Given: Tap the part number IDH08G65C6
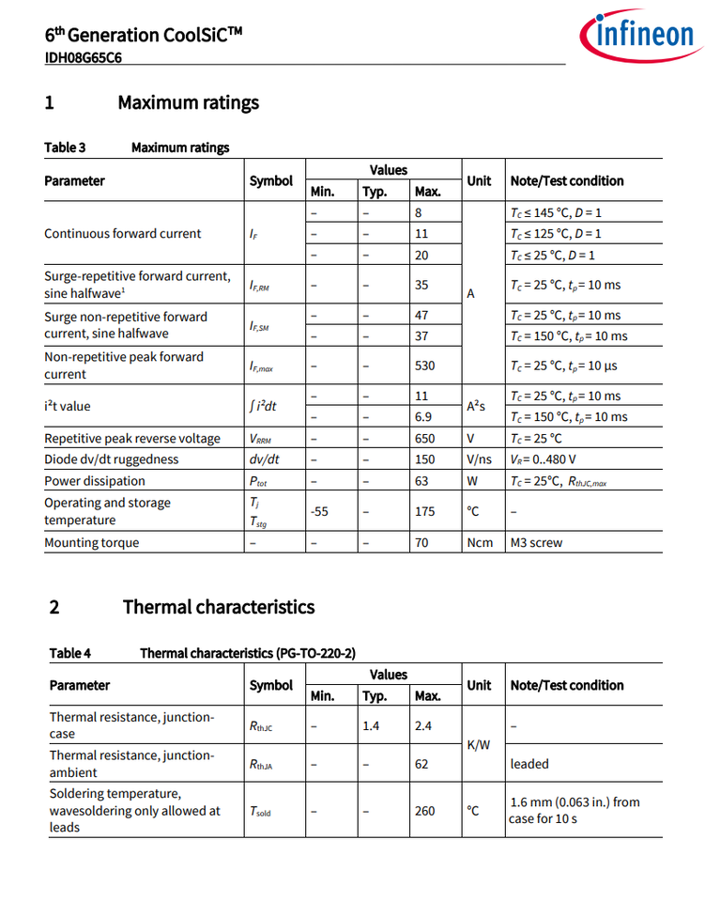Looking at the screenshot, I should [x=83, y=57].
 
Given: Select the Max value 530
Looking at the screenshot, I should [x=425, y=365].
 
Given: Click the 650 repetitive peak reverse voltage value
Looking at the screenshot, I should [x=425, y=439].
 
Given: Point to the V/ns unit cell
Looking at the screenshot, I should [x=479, y=459].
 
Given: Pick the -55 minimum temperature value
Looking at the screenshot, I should [x=321, y=511].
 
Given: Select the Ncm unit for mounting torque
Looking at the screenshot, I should [x=480, y=543].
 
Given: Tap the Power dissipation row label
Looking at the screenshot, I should [x=95, y=481].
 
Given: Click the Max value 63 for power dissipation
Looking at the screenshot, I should [x=421, y=481].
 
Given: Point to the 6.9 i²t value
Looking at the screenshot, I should [x=423, y=417].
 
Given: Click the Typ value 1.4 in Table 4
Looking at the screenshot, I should [x=371, y=725].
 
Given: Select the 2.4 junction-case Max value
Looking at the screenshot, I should [x=423, y=725].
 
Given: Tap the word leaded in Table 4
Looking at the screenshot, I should [x=529, y=764].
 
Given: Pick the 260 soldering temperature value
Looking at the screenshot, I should [x=425, y=810].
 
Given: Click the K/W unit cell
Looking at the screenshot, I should [x=480, y=744].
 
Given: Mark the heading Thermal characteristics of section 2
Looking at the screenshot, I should [x=219, y=607].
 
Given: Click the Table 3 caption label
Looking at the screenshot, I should [x=65, y=148].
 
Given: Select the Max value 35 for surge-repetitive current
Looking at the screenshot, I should [x=421, y=285].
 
